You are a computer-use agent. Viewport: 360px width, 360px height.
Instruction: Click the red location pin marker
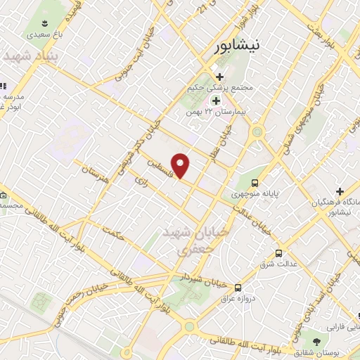[181, 165]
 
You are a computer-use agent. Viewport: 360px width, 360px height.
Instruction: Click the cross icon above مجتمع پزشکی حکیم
[219, 77]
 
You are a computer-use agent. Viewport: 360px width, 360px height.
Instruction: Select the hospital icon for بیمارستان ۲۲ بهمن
[216, 101]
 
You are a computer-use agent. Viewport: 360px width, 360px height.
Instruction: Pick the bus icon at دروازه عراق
[238, 287]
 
